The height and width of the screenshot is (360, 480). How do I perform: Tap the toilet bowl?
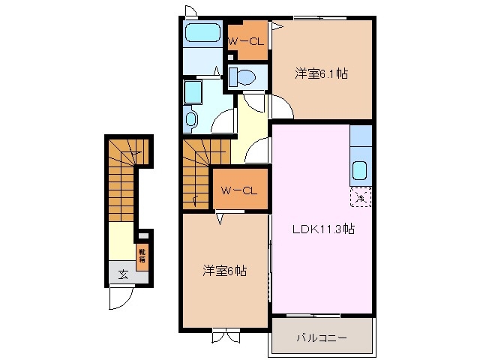(x=242, y=76)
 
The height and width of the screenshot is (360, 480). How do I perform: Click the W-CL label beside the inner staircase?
(x=238, y=190)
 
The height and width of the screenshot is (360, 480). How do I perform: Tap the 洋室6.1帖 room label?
(x=321, y=73)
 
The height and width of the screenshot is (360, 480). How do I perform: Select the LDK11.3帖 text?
(x=323, y=230)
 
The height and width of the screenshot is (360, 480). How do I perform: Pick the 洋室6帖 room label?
(x=223, y=271)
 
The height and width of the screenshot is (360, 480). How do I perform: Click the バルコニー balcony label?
(x=322, y=338)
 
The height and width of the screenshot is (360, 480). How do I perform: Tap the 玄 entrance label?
(x=122, y=274)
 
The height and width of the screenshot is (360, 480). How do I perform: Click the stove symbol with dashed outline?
(x=361, y=198)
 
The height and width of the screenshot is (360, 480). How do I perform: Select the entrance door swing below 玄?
(x=121, y=298)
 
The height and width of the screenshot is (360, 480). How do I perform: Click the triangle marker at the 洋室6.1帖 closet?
(x=276, y=27)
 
